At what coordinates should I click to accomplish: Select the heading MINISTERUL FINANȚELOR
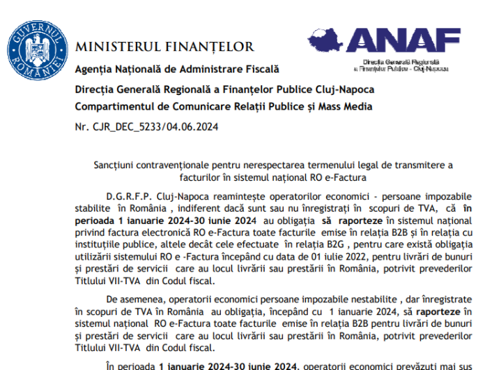164,47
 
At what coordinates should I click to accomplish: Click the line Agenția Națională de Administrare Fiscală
176,69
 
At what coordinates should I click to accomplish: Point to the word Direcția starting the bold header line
94,88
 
